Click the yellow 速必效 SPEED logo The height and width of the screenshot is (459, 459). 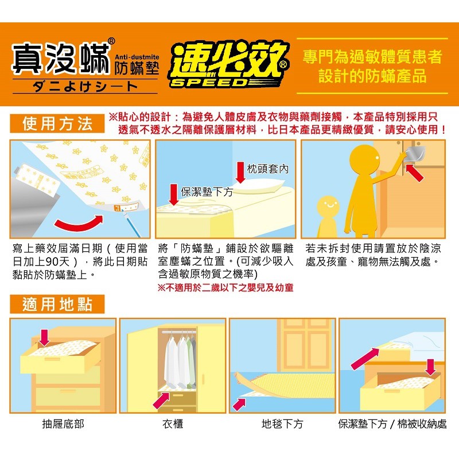point(228,65)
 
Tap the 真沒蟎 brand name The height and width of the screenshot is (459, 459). point(61,59)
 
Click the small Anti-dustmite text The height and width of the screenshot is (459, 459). point(137,57)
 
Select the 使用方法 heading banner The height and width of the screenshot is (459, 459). point(57,123)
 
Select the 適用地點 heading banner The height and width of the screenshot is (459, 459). point(57,304)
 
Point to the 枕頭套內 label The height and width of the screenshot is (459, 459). point(267,169)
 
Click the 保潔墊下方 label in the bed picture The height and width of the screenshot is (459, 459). point(207,192)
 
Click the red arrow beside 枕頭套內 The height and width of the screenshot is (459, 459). point(240,172)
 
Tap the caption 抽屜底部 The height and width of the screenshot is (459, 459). point(63,423)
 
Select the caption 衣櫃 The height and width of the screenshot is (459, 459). point(173,423)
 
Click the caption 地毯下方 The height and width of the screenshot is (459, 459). point(282,423)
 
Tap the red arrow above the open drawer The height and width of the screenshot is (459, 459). point(44,337)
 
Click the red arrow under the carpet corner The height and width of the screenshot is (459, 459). point(239,404)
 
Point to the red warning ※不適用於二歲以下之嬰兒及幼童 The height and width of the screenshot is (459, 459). point(225,288)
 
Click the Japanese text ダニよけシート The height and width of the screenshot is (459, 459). point(85,86)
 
